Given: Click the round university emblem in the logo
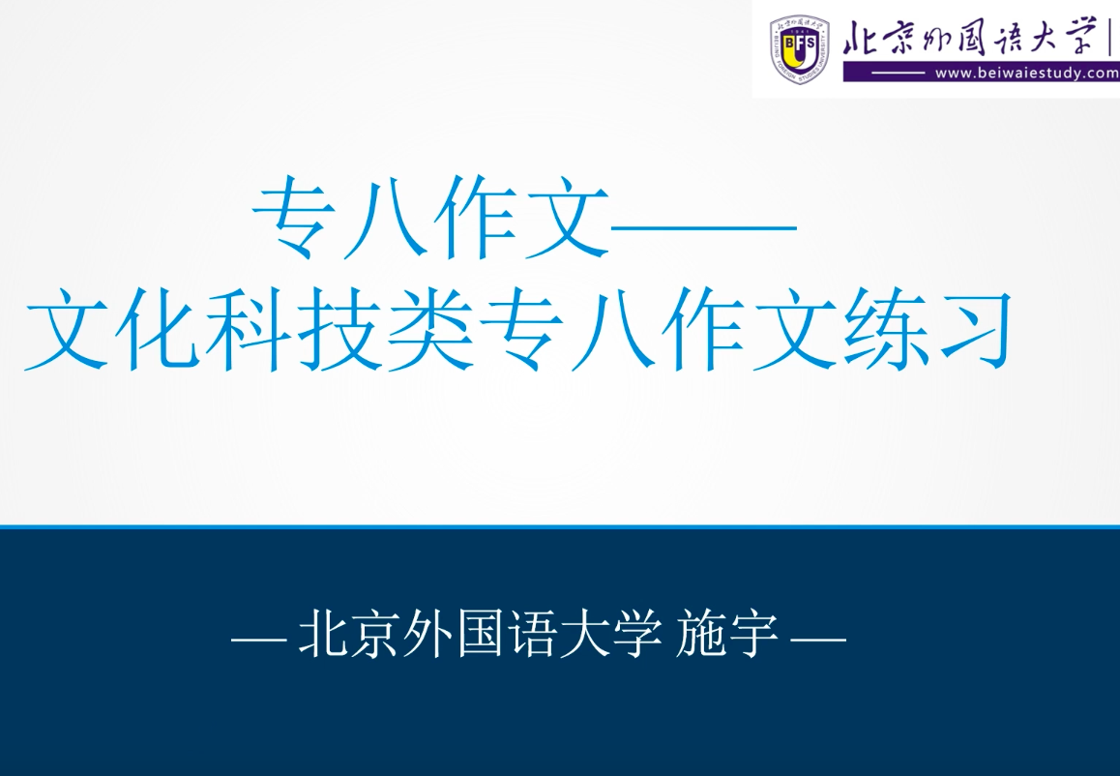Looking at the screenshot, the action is click(800, 48).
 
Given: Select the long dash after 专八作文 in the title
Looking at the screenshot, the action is click(703, 227).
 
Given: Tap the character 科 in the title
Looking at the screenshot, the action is click(249, 329).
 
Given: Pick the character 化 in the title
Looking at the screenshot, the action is click(157, 329).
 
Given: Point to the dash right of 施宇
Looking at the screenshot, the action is click(819, 636).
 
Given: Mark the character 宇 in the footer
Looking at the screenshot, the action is click(752, 635).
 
